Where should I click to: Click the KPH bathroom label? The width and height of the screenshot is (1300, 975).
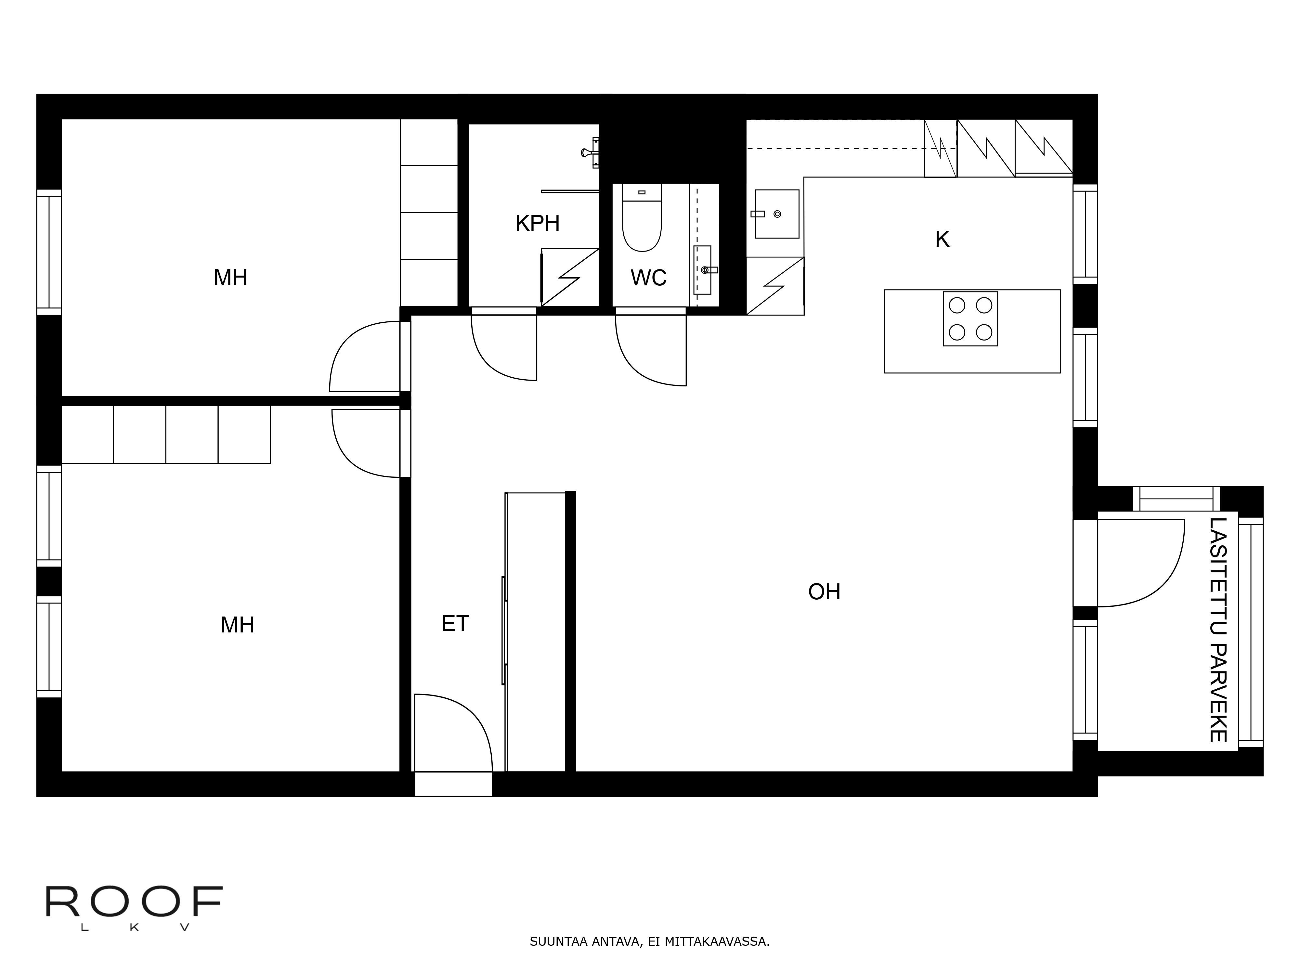point(537,223)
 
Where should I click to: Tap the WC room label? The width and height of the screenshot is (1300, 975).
point(648,278)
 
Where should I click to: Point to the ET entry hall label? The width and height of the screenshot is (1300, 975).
point(455,624)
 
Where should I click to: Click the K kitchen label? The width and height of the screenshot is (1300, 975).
point(942,239)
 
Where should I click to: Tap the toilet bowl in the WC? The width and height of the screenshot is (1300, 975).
point(642,217)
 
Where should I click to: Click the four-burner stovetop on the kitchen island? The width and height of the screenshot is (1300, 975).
point(970,318)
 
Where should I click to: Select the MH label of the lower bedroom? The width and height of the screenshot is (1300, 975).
point(238,625)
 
